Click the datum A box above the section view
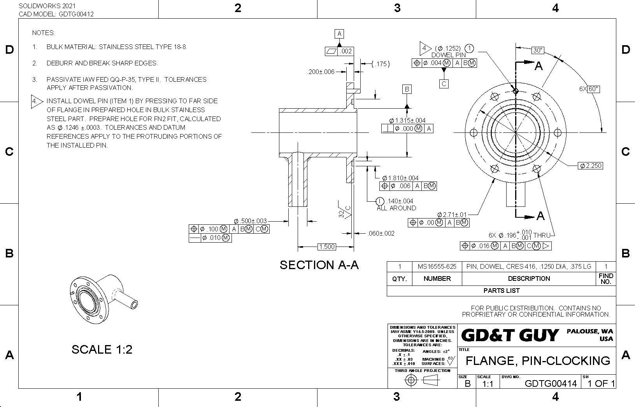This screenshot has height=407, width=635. pos(339,34)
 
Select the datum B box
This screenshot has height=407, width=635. pos(407,89)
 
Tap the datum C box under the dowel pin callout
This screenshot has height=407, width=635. pos(444,83)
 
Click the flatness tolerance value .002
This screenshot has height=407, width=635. pos(346,51)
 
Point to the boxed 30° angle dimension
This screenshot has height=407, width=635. pos(538,50)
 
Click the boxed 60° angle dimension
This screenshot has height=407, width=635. pos(593,89)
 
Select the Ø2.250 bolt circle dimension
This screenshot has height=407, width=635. pos(591,166)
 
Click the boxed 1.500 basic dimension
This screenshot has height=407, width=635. pos(326,247)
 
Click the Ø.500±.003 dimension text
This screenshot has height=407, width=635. pos(250,221)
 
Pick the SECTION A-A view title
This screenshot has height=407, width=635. pos(319,265)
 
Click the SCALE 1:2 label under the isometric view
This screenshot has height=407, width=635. pos(102,349)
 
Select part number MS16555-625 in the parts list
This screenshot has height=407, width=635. pos(437,267)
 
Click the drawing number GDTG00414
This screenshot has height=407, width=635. pos(551,384)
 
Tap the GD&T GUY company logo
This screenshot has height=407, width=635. pos(510,335)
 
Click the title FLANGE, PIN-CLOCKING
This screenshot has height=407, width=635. pos(538,361)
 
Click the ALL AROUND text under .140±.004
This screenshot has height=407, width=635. pos(396,208)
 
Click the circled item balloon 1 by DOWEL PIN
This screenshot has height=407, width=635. pos(470,48)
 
